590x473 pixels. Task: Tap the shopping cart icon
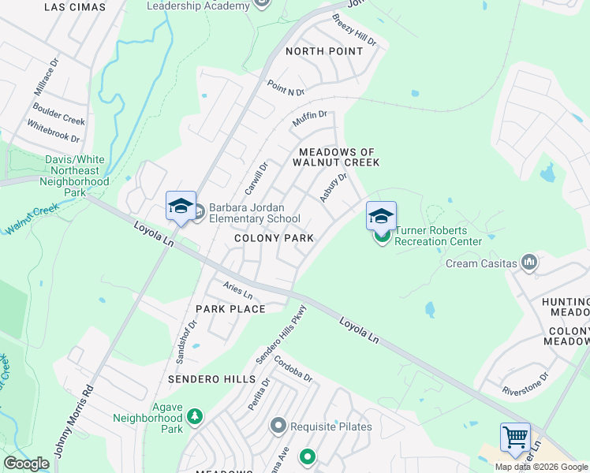(515, 436)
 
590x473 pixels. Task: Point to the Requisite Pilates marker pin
(278, 426)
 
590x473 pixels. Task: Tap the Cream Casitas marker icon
(529, 263)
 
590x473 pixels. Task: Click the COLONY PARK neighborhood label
(274, 238)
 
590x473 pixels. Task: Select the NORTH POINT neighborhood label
(324, 51)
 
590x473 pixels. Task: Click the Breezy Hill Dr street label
(353, 29)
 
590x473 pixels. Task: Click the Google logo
(26, 464)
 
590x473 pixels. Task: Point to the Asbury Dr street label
(333, 188)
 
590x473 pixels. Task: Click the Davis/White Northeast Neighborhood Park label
(76, 175)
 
